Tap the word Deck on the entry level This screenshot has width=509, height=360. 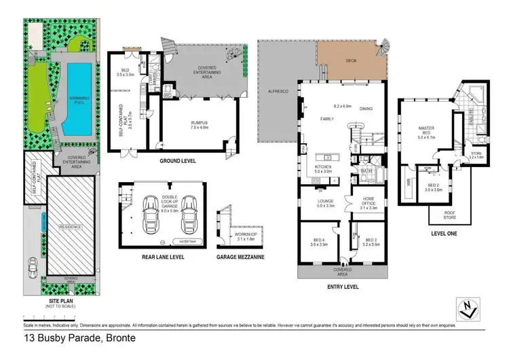(x=350, y=60)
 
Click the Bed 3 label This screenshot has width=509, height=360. (x=371, y=242)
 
